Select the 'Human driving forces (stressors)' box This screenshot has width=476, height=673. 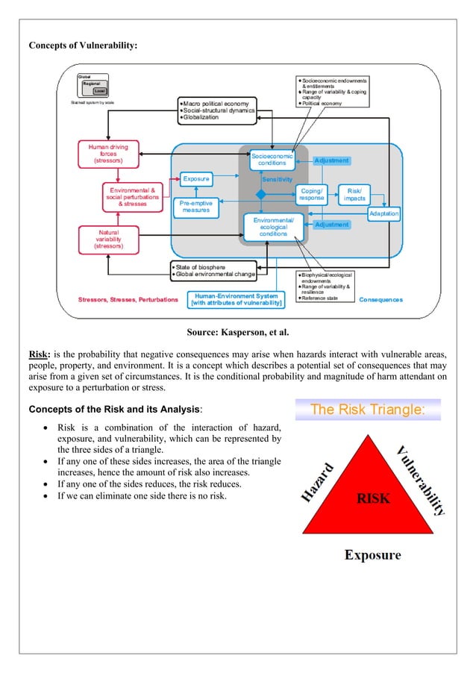[108, 154]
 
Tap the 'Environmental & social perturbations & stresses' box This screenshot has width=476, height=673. [132, 197]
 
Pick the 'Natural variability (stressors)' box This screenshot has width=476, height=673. [108, 240]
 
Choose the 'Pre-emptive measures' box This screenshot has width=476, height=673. [196, 207]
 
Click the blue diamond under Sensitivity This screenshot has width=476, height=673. [261, 194]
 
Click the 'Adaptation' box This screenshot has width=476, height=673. [383, 214]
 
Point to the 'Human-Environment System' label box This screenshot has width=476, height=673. [237, 298]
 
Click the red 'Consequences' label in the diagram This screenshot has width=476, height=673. [381, 300]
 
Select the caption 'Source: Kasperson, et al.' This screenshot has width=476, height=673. [237, 332]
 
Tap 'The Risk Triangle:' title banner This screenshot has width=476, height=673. [368, 410]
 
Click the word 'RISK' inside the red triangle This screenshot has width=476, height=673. [372, 498]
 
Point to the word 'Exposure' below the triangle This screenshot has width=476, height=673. [372, 554]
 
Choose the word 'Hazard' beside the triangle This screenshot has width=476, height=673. [322, 482]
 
